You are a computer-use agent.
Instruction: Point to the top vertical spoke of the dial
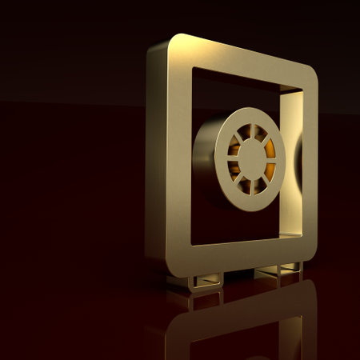251,131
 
